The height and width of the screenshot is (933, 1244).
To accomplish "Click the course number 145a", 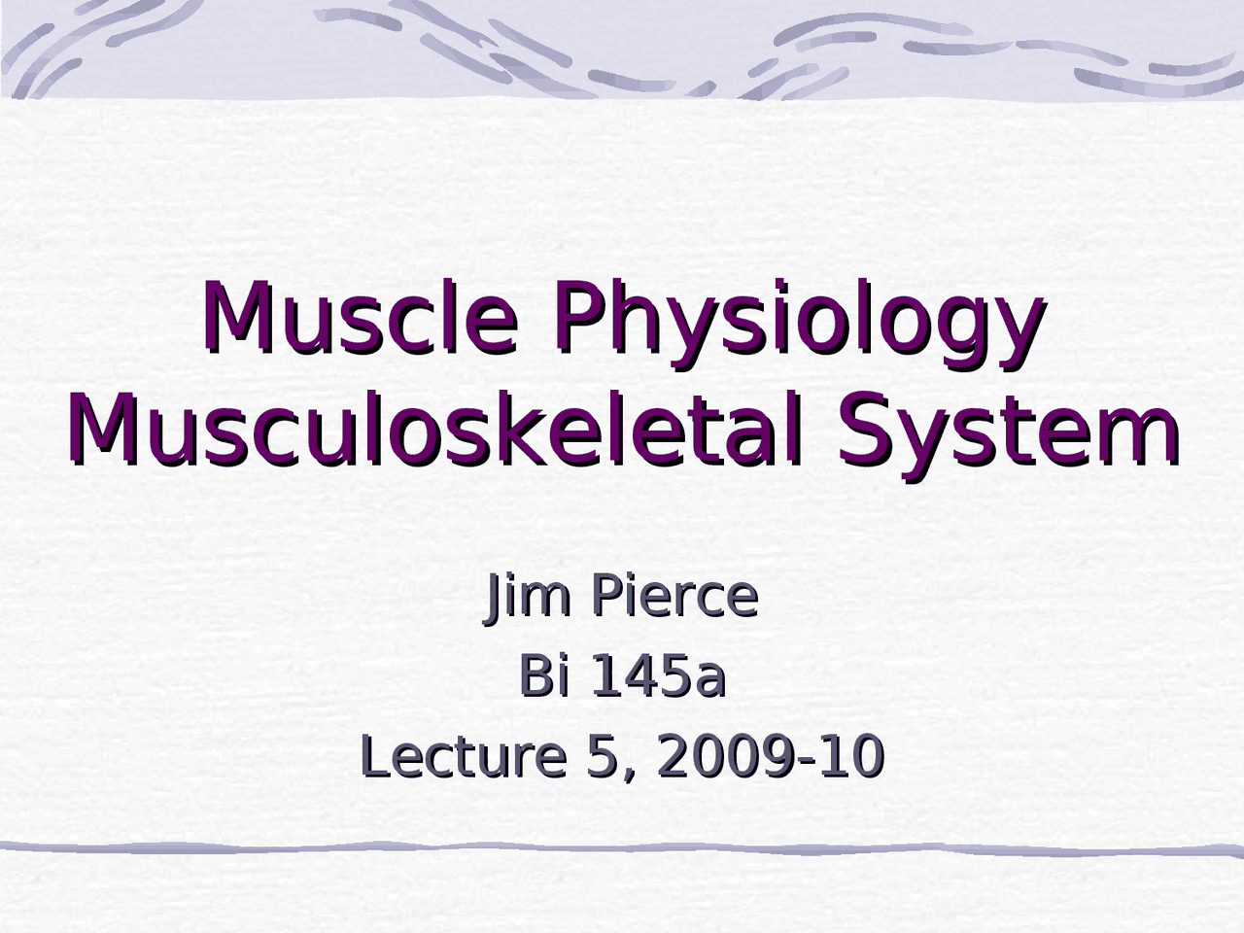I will [658, 676].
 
